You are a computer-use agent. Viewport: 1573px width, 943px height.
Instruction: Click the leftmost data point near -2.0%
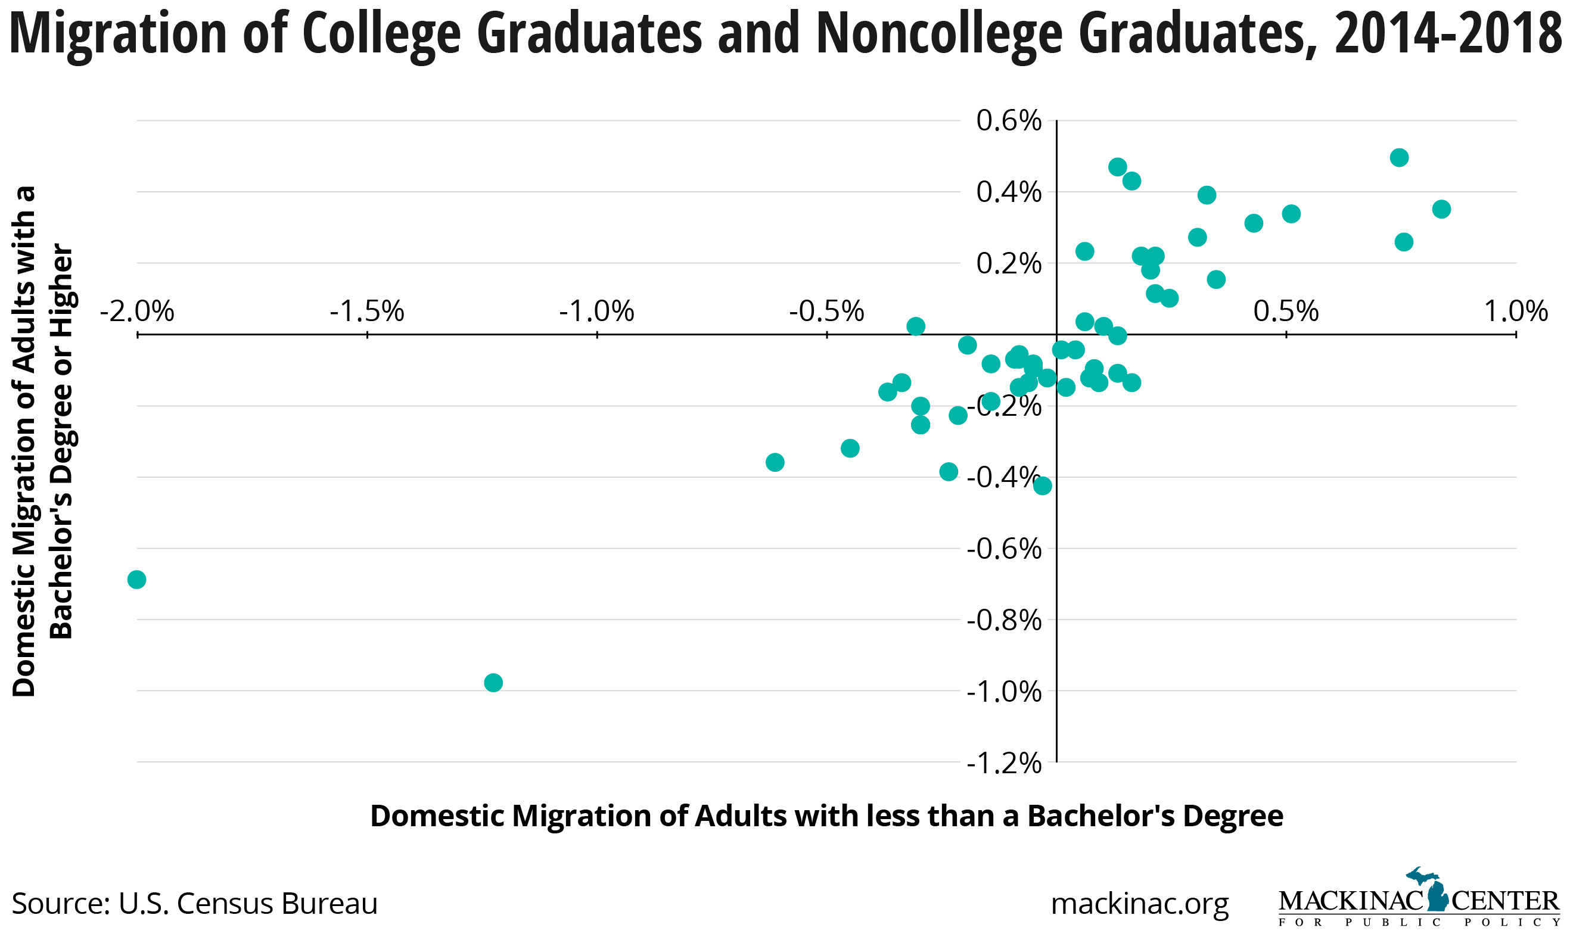(x=136, y=580)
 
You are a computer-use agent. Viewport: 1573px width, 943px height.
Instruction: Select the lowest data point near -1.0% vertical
(x=493, y=683)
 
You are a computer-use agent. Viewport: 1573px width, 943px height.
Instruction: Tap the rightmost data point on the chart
(x=1441, y=209)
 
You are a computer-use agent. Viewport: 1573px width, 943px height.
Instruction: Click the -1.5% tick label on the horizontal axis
(x=366, y=312)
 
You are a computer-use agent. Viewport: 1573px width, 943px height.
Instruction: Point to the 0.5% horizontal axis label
(x=1286, y=312)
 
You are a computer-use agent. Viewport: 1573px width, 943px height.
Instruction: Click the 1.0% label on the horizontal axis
(x=1516, y=312)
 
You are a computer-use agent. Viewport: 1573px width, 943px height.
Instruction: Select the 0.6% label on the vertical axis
(x=1009, y=121)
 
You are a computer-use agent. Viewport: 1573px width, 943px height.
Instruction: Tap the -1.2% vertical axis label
(x=1003, y=763)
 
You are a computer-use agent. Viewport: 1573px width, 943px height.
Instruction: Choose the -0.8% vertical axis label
(x=1003, y=620)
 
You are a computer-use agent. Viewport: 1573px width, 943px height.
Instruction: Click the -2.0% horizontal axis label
(x=136, y=312)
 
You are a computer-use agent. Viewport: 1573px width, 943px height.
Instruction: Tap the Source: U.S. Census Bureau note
(x=194, y=904)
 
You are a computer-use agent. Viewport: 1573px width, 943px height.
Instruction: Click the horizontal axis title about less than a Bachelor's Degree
(x=826, y=816)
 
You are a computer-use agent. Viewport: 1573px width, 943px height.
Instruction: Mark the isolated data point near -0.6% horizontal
(x=775, y=462)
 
